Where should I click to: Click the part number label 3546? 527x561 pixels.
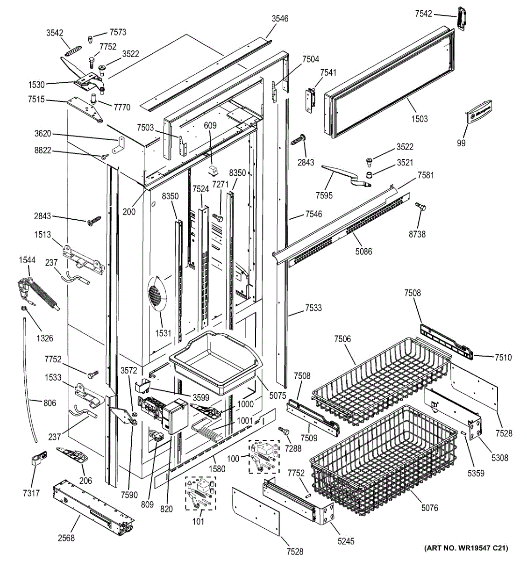point(280,19)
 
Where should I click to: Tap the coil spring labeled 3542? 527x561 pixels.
point(73,51)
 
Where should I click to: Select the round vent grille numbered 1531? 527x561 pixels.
point(157,294)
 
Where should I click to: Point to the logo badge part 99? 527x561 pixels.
point(479,112)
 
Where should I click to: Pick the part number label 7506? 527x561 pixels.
point(342,338)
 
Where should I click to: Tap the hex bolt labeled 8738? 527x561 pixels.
point(420,207)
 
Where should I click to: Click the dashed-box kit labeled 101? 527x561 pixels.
point(200,493)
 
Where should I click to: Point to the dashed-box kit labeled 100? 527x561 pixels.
point(264,456)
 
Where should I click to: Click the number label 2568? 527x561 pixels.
point(66,538)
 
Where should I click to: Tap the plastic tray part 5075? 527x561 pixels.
point(216,362)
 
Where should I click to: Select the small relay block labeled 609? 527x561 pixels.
point(213,170)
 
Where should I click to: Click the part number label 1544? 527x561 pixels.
point(27,260)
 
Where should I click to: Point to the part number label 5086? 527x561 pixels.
point(363,251)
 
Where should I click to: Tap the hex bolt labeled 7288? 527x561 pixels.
point(284,431)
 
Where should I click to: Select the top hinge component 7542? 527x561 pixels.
point(462,18)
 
